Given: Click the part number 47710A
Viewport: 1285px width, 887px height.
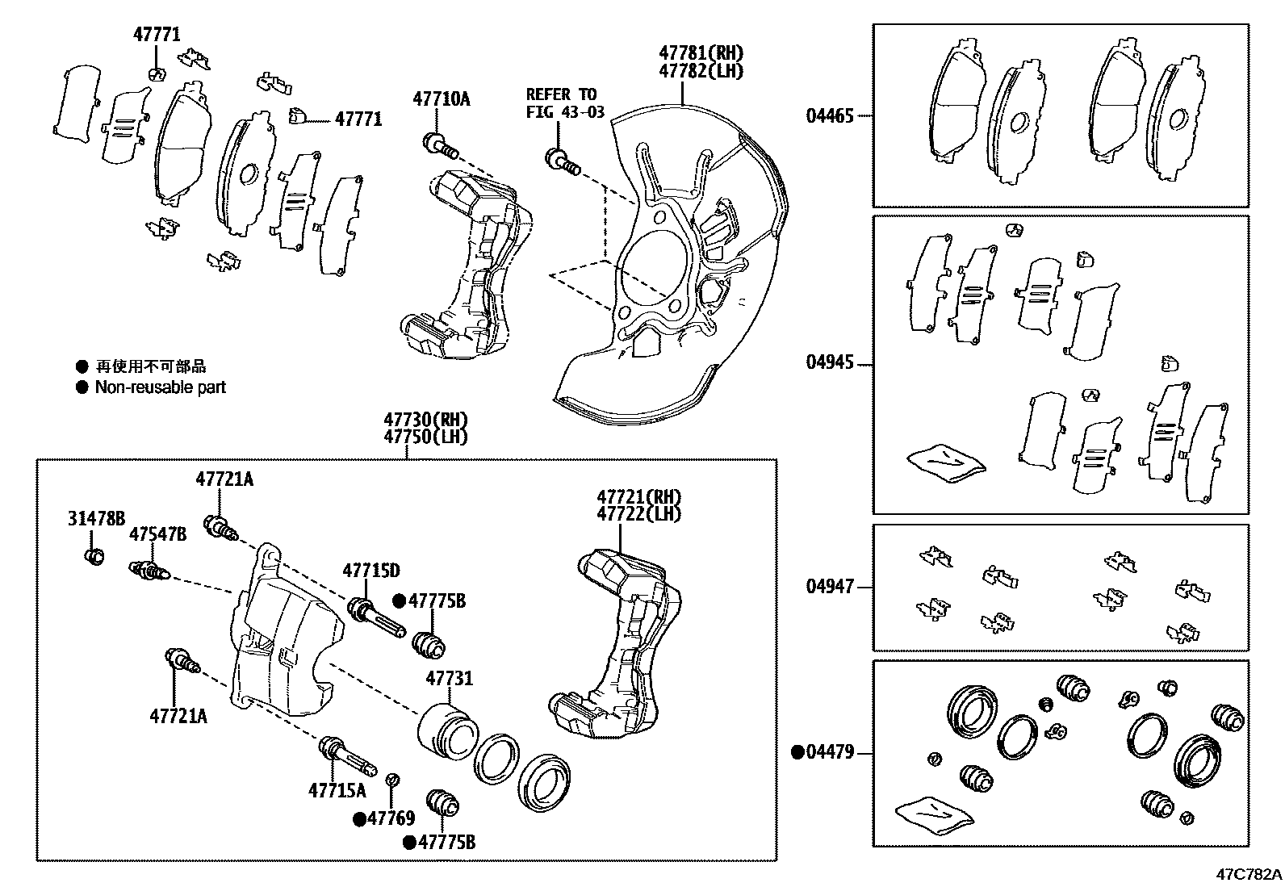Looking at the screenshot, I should point(441,99).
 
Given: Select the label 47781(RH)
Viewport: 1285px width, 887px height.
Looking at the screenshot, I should point(700,53).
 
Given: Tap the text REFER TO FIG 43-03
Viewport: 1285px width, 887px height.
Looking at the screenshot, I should point(564,103).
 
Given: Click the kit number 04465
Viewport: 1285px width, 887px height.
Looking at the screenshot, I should point(829,116).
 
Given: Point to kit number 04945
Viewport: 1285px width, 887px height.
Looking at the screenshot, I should point(829,363).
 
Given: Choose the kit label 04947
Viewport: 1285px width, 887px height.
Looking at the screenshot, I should point(829,587).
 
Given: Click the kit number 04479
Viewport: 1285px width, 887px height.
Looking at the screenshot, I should point(829,753).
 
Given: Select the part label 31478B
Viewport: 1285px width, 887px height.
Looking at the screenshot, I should point(95,519).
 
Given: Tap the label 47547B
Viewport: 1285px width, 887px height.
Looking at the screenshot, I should point(157,534).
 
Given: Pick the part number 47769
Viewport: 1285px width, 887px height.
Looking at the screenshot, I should point(391,818).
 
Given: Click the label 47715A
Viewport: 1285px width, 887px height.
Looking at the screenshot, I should point(336,790).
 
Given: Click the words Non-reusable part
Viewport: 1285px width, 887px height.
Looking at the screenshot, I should point(160,387).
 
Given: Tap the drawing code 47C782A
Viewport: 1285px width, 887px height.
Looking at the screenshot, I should point(1249,874).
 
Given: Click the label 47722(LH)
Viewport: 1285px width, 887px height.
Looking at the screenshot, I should point(638,513).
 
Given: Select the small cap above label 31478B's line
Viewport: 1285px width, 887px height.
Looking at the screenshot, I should point(95,556).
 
